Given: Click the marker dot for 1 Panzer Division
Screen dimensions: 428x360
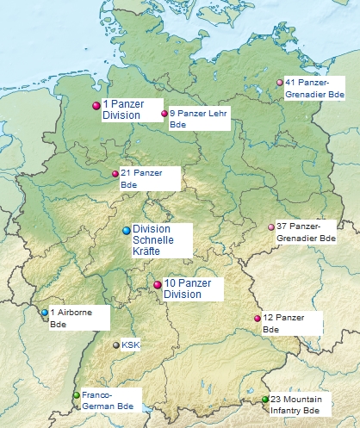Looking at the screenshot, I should [96, 106].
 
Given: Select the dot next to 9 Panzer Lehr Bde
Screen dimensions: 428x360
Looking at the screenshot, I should [164, 113].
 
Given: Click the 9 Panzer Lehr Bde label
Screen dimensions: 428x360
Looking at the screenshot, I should [199, 119].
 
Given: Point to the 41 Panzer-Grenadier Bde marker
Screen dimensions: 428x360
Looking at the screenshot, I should [279, 83].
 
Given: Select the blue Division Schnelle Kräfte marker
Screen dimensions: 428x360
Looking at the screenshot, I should [127, 230].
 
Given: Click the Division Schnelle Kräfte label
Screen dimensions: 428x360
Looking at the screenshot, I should [159, 239].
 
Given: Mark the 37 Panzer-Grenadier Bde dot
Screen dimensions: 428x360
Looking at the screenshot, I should [270, 227].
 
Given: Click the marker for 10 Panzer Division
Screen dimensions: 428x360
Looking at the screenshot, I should [158, 285].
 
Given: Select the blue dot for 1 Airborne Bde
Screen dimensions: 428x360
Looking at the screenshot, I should [45, 313].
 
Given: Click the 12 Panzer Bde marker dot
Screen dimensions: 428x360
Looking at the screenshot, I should [257, 319].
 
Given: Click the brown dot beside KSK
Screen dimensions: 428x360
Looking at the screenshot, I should [116, 344].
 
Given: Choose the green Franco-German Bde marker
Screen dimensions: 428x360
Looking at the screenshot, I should [77, 396].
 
